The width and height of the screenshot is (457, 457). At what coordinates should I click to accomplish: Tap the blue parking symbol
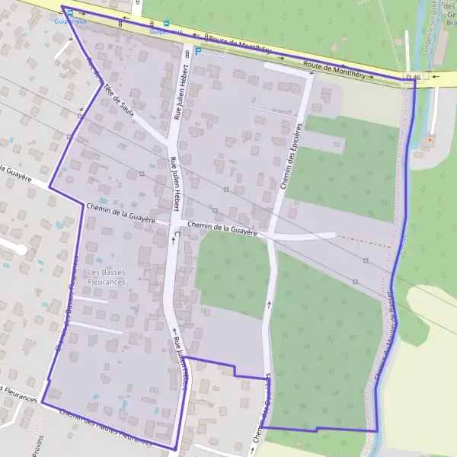198,51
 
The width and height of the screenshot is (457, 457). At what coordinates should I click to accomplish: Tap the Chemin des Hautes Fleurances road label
105,427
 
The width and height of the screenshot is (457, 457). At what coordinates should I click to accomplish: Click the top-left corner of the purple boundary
62,7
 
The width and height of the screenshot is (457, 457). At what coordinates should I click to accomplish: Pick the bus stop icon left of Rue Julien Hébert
166,23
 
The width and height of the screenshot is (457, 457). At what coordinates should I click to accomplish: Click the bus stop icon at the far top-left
69,12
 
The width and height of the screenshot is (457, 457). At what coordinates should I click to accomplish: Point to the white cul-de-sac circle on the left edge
13,245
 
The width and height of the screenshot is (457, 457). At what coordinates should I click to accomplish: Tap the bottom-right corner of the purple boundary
377,431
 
